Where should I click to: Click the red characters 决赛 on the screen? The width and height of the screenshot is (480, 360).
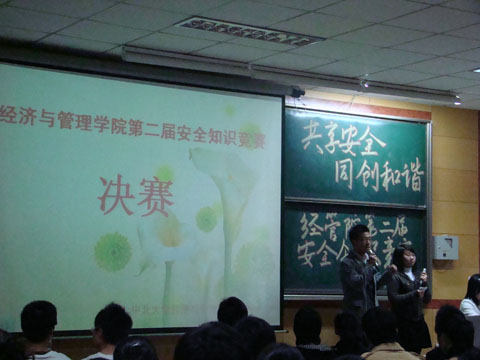click(136, 196)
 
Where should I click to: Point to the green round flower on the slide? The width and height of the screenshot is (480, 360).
click(113, 251)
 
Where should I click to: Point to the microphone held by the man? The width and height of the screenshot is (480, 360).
click(373, 257)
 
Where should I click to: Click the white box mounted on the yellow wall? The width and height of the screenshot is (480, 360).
click(445, 247)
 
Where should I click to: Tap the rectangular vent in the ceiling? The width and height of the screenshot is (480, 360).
click(249, 31)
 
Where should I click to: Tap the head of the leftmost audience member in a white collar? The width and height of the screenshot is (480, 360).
click(39, 324)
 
